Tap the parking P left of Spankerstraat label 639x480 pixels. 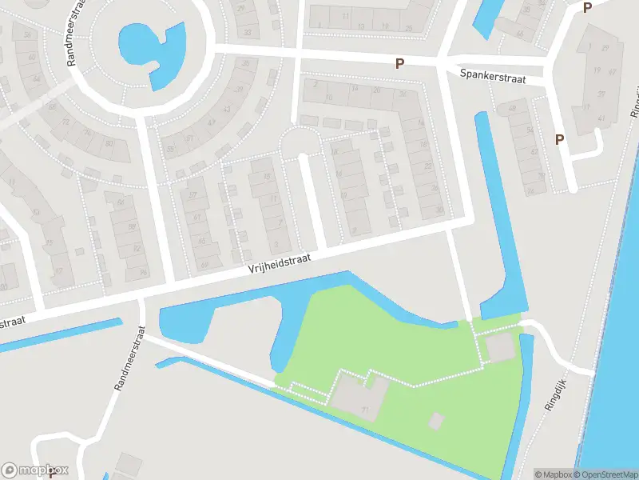pos(399,63)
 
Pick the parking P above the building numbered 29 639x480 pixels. pos(588,8)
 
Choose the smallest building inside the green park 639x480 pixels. pos(436,420)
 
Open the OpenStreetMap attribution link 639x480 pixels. pos(605,474)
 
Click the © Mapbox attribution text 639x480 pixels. pos(553,474)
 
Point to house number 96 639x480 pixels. pos(143,272)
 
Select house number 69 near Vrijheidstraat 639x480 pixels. pos(204,266)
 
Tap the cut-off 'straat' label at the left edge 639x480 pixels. pos(11,322)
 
